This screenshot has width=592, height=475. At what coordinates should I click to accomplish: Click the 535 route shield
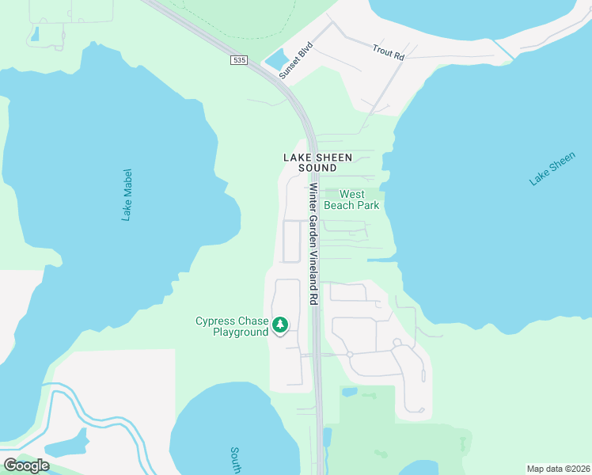(238, 60)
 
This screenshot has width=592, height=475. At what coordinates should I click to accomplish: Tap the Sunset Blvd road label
(297, 59)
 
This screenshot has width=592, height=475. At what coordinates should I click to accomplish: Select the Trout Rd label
(389, 52)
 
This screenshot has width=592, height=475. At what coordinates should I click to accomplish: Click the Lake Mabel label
(127, 194)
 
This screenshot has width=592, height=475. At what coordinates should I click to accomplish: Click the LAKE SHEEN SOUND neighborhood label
(317, 163)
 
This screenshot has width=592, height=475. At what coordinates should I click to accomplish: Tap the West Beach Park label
(359, 199)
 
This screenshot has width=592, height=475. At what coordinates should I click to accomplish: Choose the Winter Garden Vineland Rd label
(313, 245)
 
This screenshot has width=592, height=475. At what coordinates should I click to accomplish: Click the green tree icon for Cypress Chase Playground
(280, 325)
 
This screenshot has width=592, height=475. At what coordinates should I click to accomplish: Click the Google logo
(26, 465)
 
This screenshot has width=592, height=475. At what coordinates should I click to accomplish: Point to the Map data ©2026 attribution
(558, 469)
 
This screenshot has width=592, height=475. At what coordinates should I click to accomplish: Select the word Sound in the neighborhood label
(317, 169)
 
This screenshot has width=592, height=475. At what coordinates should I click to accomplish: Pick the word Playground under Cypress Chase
(241, 332)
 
